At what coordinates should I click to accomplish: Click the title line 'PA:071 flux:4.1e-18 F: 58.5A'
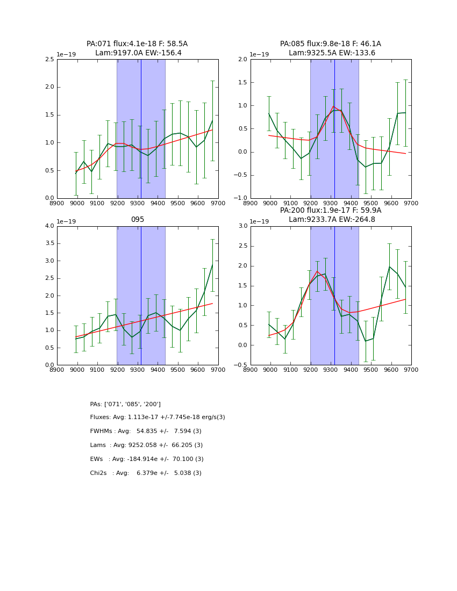click(137, 44)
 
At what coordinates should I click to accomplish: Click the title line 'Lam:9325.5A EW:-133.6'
click(332, 53)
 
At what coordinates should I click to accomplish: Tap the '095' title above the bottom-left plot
click(137, 220)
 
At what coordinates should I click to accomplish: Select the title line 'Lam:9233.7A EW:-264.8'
click(332, 220)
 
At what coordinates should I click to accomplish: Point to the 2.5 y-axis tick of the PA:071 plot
click(48, 60)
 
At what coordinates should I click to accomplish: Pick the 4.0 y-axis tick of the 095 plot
click(48, 226)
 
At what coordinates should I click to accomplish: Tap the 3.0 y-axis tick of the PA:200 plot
click(242, 226)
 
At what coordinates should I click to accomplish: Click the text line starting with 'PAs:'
click(125, 404)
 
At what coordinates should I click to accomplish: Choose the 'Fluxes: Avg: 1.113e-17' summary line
click(158, 417)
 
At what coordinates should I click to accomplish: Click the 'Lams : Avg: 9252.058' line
click(146, 445)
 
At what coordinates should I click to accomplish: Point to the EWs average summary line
click(147, 459)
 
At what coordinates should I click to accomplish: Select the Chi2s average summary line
click(146, 473)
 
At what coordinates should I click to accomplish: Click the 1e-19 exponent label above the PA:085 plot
click(260, 55)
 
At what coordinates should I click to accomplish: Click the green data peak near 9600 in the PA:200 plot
click(390, 266)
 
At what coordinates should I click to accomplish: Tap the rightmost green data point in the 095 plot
click(212, 264)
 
